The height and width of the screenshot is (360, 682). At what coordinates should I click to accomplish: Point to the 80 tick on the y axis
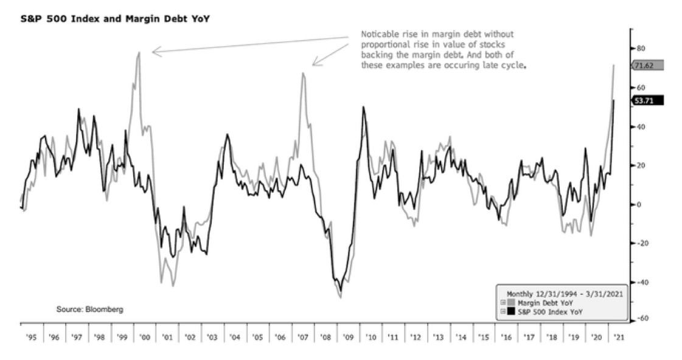(x=641, y=48)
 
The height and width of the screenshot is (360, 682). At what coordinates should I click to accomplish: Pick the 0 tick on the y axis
(x=639, y=204)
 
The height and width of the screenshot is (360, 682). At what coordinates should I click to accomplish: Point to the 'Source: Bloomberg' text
(x=90, y=310)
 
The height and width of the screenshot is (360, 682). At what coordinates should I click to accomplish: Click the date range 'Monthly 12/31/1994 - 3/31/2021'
(x=562, y=293)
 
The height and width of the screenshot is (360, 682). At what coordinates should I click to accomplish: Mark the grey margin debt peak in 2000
(x=139, y=52)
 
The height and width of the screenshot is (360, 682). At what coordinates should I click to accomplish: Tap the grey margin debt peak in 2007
(x=302, y=74)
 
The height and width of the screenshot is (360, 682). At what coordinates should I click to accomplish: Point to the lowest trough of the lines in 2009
(x=341, y=297)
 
